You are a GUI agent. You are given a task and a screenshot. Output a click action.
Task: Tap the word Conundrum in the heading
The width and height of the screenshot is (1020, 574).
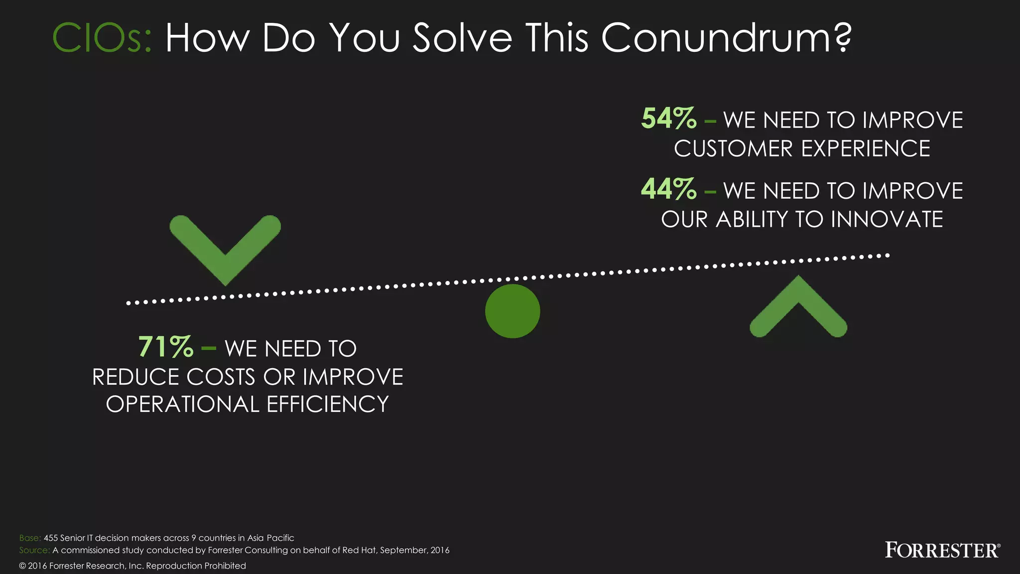[x=726, y=38]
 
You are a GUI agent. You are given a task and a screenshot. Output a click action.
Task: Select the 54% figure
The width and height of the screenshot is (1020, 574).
[x=669, y=119]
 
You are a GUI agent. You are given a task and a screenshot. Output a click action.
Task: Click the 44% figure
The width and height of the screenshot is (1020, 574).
[x=669, y=189]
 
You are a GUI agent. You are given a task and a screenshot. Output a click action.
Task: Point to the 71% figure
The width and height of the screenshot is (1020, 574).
[x=166, y=347]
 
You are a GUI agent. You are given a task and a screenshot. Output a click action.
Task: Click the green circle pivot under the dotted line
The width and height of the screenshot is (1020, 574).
[x=512, y=311]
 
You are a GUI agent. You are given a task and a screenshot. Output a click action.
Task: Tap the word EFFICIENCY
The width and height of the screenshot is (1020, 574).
[x=328, y=404]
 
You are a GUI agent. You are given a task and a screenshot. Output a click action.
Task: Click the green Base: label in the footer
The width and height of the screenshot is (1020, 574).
[x=30, y=538]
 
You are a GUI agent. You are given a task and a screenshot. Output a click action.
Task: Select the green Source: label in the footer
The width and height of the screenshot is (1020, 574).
[x=34, y=550]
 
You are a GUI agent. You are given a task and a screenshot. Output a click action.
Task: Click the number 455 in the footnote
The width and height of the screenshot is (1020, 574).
[x=51, y=538]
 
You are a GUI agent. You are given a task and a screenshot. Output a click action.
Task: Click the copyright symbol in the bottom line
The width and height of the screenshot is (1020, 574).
[x=22, y=566]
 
